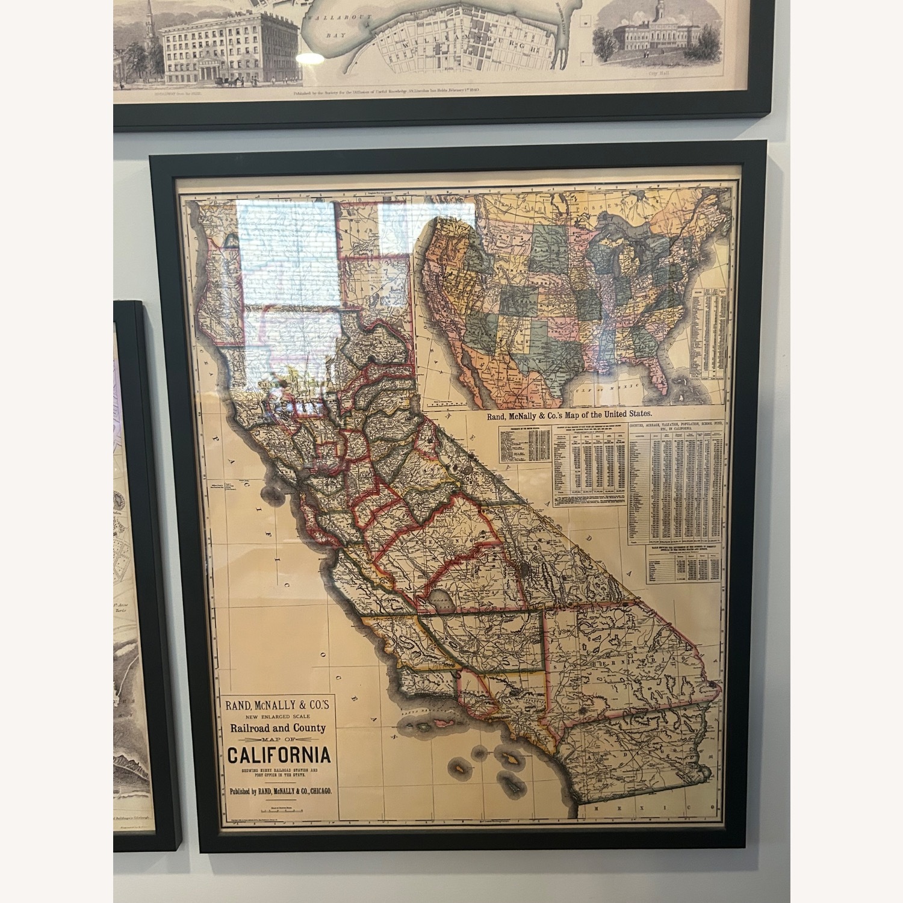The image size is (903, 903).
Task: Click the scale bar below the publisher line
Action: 278,811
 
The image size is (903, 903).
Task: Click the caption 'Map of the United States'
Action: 565,414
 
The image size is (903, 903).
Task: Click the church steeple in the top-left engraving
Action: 149,24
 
